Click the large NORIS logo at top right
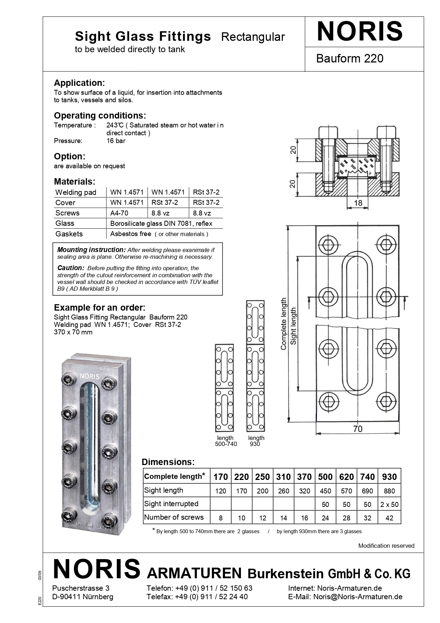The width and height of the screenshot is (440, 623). [x=359, y=31]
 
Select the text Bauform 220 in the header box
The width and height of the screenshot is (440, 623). [x=350, y=58]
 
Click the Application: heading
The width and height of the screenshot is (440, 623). [x=79, y=83]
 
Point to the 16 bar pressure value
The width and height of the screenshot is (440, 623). [x=116, y=141]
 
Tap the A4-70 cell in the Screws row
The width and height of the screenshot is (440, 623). [x=119, y=213]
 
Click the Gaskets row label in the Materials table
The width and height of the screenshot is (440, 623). [x=69, y=234]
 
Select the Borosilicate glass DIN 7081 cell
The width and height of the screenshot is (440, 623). [x=161, y=223]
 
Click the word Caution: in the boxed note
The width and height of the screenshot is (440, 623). [x=71, y=268]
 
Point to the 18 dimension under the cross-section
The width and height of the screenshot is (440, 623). [x=358, y=203]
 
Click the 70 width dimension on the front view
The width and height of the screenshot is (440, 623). [x=358, y=429]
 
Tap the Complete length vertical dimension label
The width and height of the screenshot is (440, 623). [x=283, y=324]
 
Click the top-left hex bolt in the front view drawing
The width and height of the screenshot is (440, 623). [x=328, y=245]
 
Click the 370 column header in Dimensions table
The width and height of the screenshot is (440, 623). [x=304, y=477]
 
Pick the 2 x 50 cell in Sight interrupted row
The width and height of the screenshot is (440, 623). [x=389, y=504]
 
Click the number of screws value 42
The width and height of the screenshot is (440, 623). [x=389, y=518]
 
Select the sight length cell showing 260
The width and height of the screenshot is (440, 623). [x=283, y=491]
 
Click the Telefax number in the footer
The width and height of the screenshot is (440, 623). [x=211, y=596]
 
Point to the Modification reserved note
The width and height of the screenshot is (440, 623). [x=386, y=546]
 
